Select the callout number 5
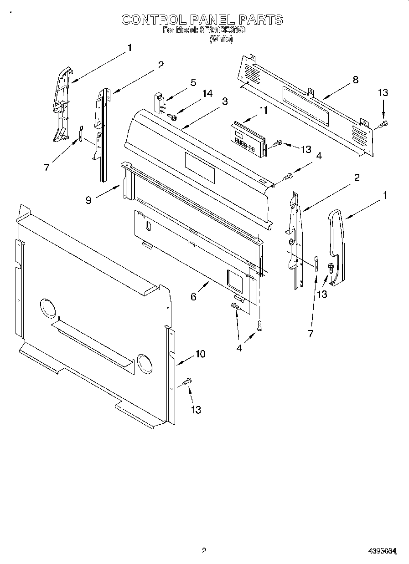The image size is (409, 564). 193,82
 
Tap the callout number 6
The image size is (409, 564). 193,297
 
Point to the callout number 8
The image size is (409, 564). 355,80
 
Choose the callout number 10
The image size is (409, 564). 200,353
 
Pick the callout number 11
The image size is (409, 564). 263,110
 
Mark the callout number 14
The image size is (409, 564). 207,93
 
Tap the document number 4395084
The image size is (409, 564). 382,551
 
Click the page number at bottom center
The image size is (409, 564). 204,550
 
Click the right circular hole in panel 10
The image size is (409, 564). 145,363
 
